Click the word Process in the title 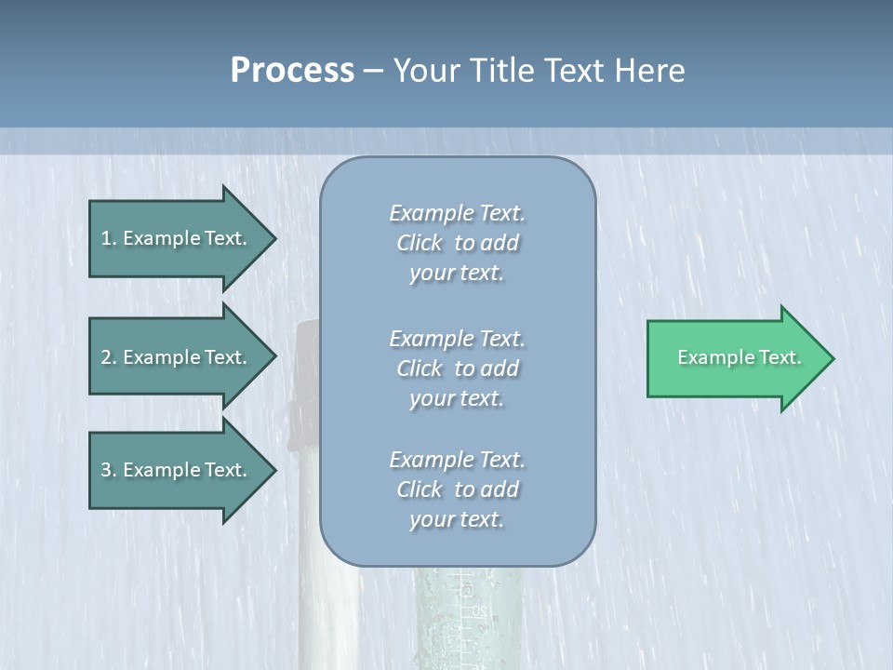(292, 71)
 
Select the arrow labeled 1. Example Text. (177, 238)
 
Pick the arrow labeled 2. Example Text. (177, 357)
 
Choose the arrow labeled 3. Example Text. (177, 470)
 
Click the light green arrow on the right (735, 358)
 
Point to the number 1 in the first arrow (106, 238)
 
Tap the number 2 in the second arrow (106, 357)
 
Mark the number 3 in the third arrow (106, 470)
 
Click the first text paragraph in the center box (457, 243)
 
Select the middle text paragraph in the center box (457, 368)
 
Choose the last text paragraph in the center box (457, 489)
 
